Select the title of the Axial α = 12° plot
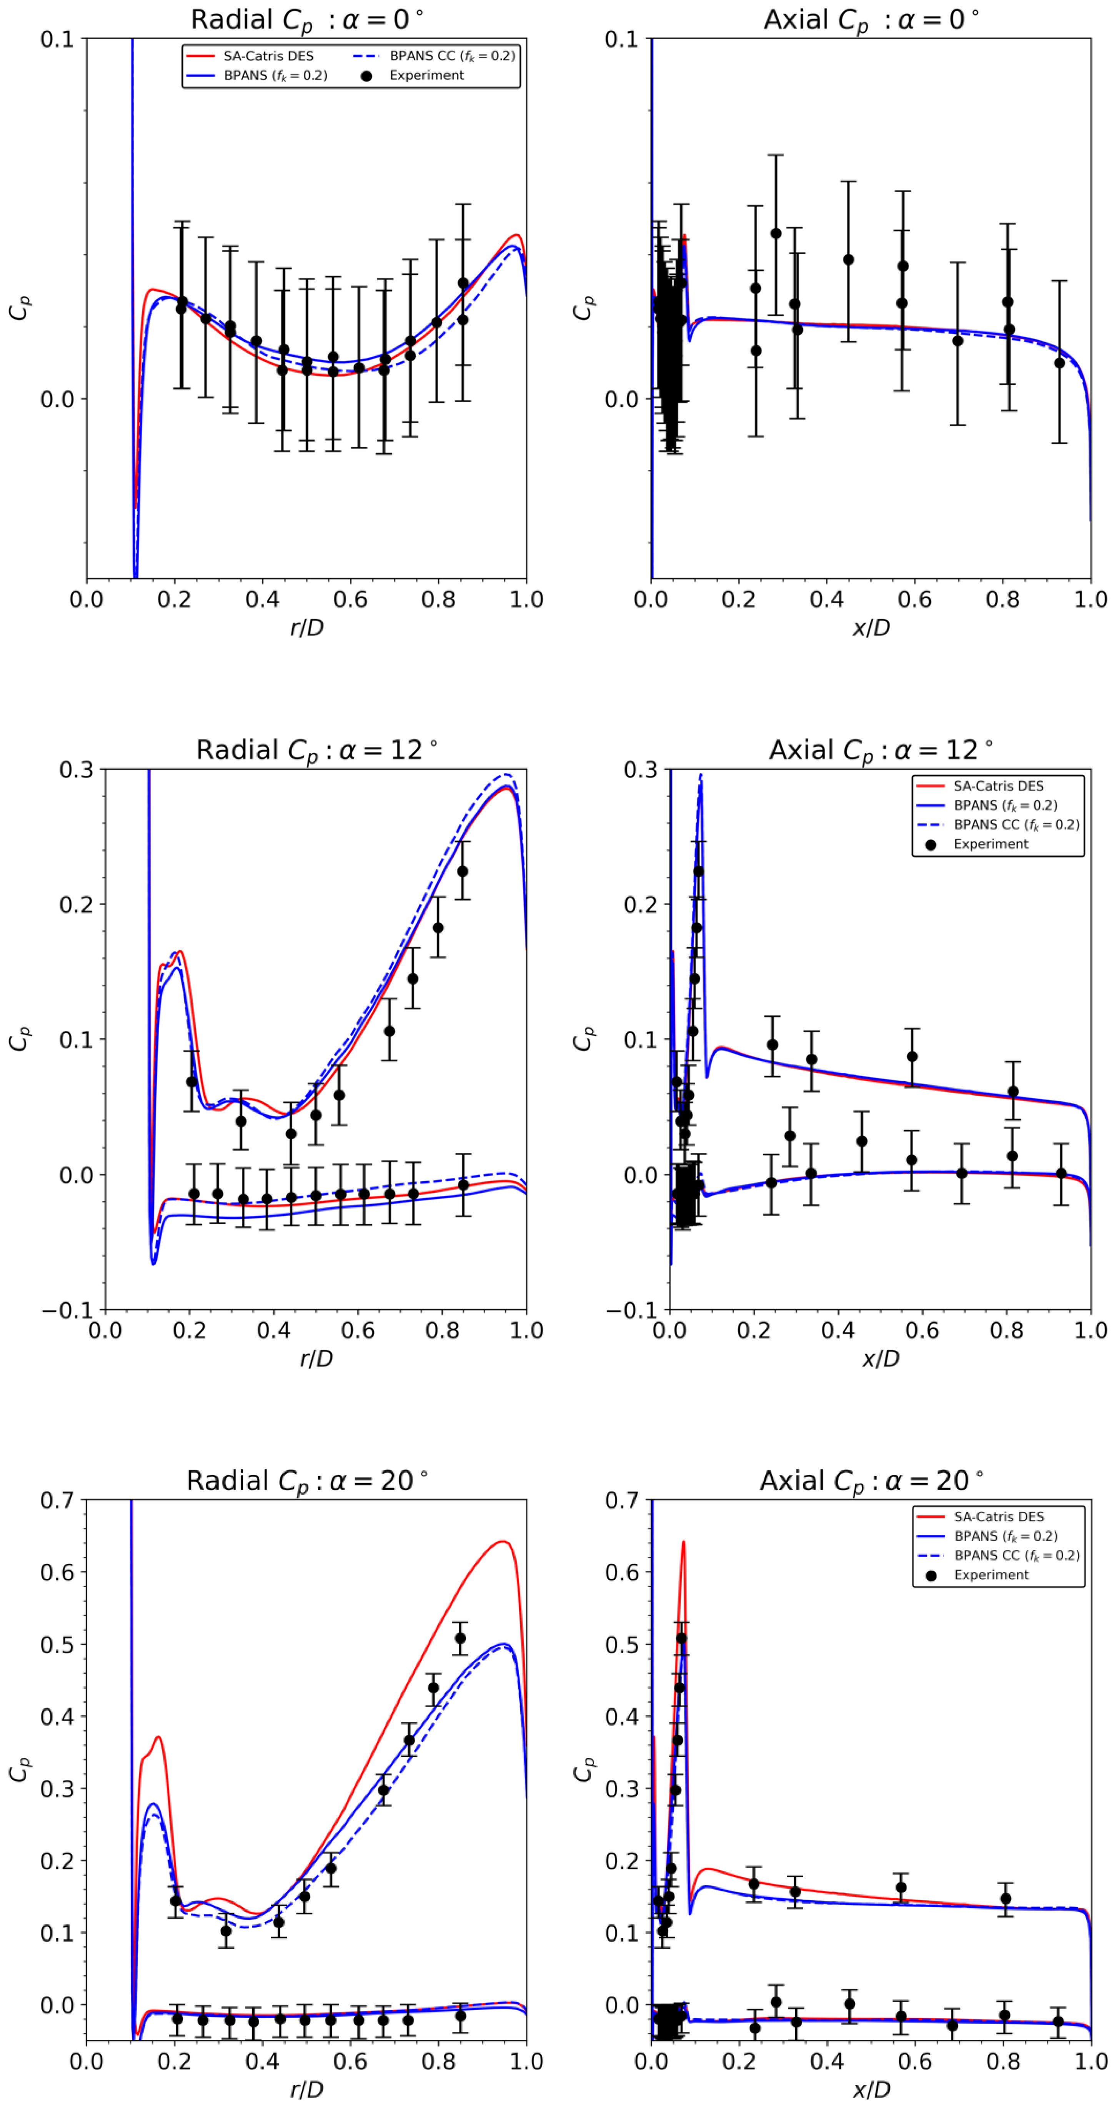881,750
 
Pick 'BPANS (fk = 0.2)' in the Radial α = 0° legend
275,75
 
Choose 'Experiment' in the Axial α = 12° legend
991,844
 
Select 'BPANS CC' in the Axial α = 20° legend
1016,1555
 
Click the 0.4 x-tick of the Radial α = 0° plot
262,599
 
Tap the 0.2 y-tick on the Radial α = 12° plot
75,904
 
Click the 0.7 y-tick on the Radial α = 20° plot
57,1500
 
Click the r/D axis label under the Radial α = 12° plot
316,1358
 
